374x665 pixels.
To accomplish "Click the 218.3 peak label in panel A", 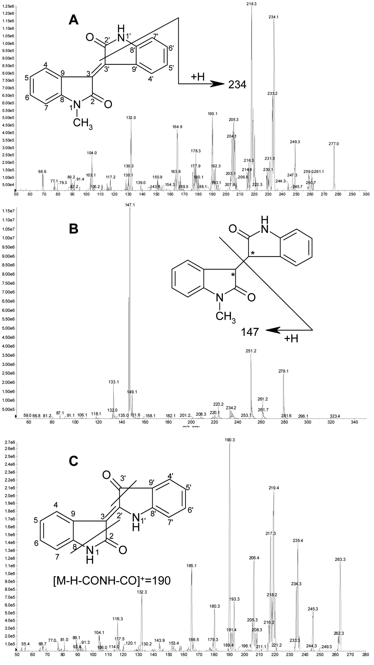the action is (x=251, y=4).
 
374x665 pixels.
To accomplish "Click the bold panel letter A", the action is (x=74, y=20).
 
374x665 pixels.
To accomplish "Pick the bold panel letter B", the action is (x=74, y=229).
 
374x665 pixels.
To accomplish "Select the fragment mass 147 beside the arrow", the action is (x=250, y=332).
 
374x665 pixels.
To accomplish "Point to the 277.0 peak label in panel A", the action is (x=334, y=144).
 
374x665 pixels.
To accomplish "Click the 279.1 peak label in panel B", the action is (x=283, y=371).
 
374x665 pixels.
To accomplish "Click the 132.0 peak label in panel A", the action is (x=131, y=118).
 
